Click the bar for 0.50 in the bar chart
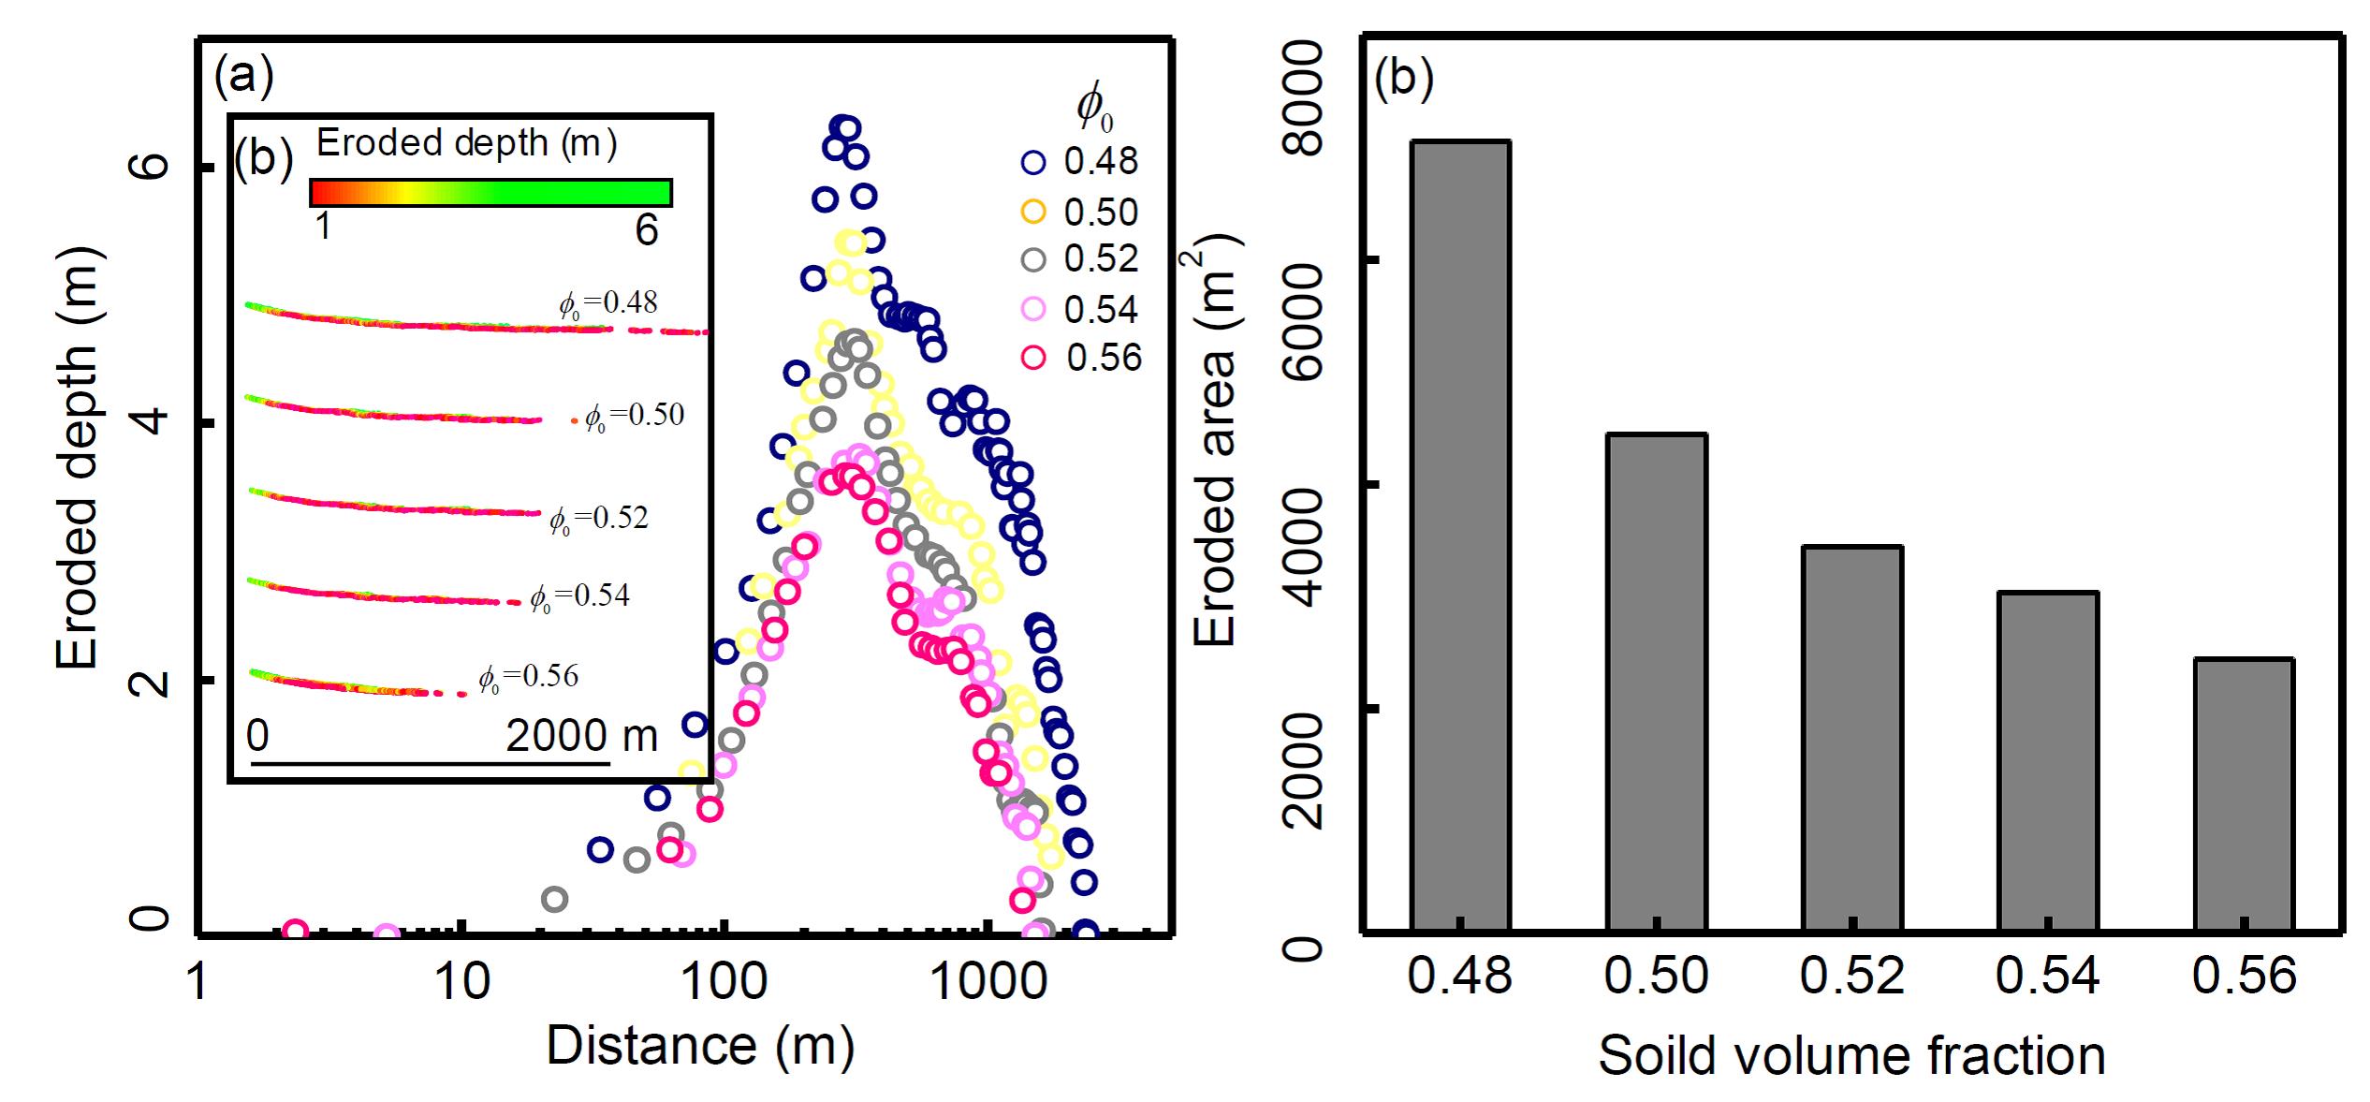coord(1657,683)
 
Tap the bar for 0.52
coord(1852,739)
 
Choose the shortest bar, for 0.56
coord(2244,795)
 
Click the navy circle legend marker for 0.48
coord(1033,162)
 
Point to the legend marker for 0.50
coord(1033,212)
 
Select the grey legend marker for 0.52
coord(1033,259)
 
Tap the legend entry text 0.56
coord(1105,358)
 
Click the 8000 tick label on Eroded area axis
coord(1305,98)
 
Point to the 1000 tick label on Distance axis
coord(988,982)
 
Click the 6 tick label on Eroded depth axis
coord(150,166)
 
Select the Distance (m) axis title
coord(700,1046)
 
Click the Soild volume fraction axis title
coord(1851,1056)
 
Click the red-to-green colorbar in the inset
coord(490,192)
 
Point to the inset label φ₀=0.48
coord(608,303)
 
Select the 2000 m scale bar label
coord(581,737)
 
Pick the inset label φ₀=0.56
coord(529,677)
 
